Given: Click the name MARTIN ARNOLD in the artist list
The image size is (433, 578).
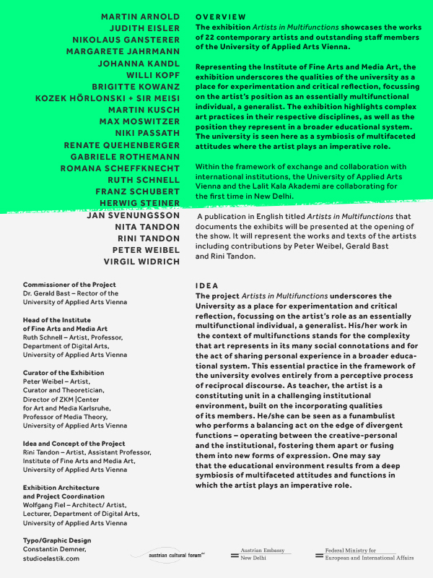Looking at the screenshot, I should (140, 16).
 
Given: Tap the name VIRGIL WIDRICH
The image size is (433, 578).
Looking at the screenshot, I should (141, 262).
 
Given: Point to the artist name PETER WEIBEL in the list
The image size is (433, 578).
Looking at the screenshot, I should (147, 250).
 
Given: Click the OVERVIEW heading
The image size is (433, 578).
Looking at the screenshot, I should (221, 17).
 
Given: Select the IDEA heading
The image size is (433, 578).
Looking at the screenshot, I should (207, 286).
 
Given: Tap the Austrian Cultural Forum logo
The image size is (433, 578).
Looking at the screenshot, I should (167, 555).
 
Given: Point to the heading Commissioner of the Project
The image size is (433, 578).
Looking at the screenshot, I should (69, 285).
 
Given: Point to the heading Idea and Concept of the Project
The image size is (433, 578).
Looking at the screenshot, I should (74, 444).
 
